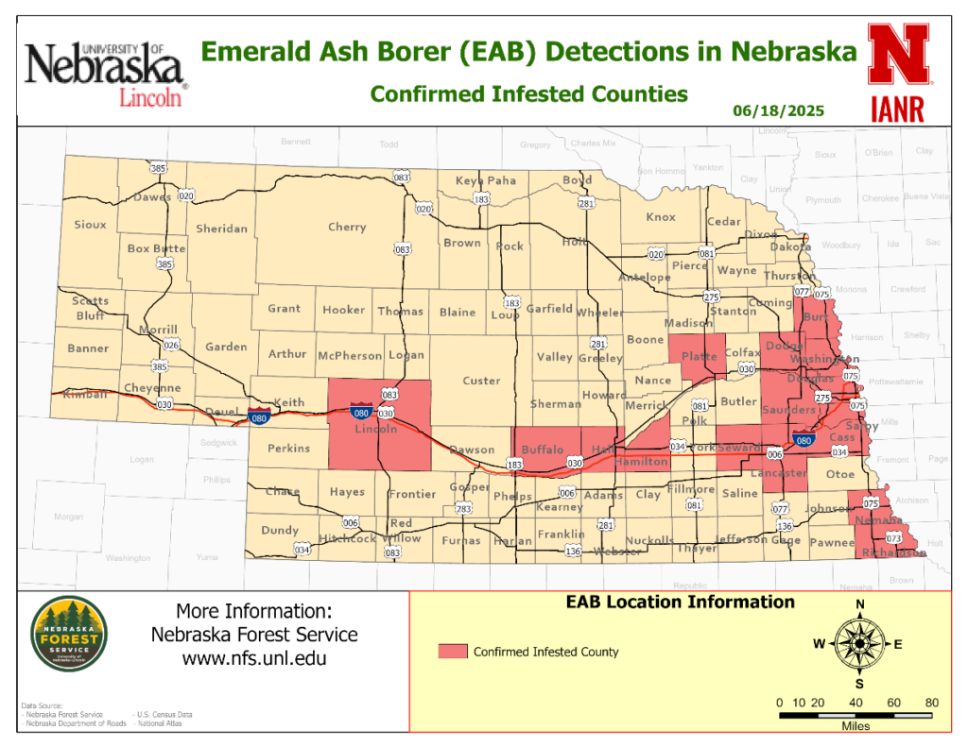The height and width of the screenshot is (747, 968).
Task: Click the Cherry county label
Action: [347, 228]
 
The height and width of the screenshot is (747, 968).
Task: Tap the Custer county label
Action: [481, 381]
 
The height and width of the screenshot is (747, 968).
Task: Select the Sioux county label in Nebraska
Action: [91, 225]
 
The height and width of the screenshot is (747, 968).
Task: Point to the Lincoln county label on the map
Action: [375, 430]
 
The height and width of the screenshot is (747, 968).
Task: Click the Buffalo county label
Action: [543, 450]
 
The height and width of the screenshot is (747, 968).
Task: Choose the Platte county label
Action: [700, 357]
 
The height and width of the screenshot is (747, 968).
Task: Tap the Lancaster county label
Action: [779, 473]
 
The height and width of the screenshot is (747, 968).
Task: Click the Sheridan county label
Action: [221, 229]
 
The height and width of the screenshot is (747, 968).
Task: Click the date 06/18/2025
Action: [779, 111]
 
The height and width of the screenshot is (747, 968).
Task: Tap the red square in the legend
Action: [452, 652]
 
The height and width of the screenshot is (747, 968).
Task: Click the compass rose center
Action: [860, 644]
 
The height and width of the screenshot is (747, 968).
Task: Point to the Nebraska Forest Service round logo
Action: [68, 635]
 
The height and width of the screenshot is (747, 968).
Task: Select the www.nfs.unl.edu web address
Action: [254, 658]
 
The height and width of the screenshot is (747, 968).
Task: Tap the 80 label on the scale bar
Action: [932, 703]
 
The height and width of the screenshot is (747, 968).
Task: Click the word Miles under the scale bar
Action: [856, 726]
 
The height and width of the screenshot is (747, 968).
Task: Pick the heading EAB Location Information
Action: [680, 603]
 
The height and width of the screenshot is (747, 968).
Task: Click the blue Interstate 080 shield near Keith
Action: [257, 415]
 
